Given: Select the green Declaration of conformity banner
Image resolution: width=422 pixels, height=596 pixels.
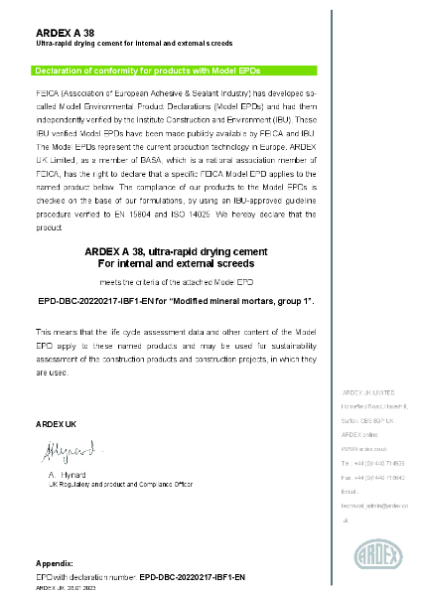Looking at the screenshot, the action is pyautogui.click(x=176, y=71).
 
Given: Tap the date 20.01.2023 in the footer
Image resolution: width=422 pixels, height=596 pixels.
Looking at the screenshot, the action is pyautogui.click(x=82, y=588).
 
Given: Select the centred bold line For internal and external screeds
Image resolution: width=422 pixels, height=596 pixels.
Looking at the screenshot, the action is pyautogui.click(x=177, y=264).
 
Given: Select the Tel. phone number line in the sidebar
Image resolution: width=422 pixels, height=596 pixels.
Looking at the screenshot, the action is pyautogui.click(x=372, y=463).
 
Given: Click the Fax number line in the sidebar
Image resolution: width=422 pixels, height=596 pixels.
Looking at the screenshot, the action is pyautogui.click(x=372, y=478).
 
